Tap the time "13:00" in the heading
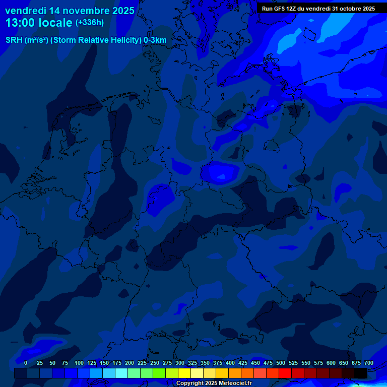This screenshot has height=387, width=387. (x=20, y=23)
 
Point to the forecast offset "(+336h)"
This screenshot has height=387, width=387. (x=89, y=23)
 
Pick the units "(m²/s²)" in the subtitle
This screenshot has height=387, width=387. (x=36, y=40)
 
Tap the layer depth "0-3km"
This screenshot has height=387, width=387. (x=155, y=40)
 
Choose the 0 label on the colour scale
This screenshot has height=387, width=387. (x=26, y=363)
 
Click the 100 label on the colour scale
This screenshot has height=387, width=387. (x=79, y=363)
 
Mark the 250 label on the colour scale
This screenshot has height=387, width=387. (x=155, y=363)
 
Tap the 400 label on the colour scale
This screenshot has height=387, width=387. (x=230, y=363)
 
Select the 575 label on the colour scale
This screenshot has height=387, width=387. (x=318, y=363)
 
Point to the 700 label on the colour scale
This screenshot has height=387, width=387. (x=368, y=363)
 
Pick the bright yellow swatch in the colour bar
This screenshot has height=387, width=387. (x=184, y=373)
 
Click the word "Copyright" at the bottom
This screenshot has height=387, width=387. (x=190, y=383)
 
